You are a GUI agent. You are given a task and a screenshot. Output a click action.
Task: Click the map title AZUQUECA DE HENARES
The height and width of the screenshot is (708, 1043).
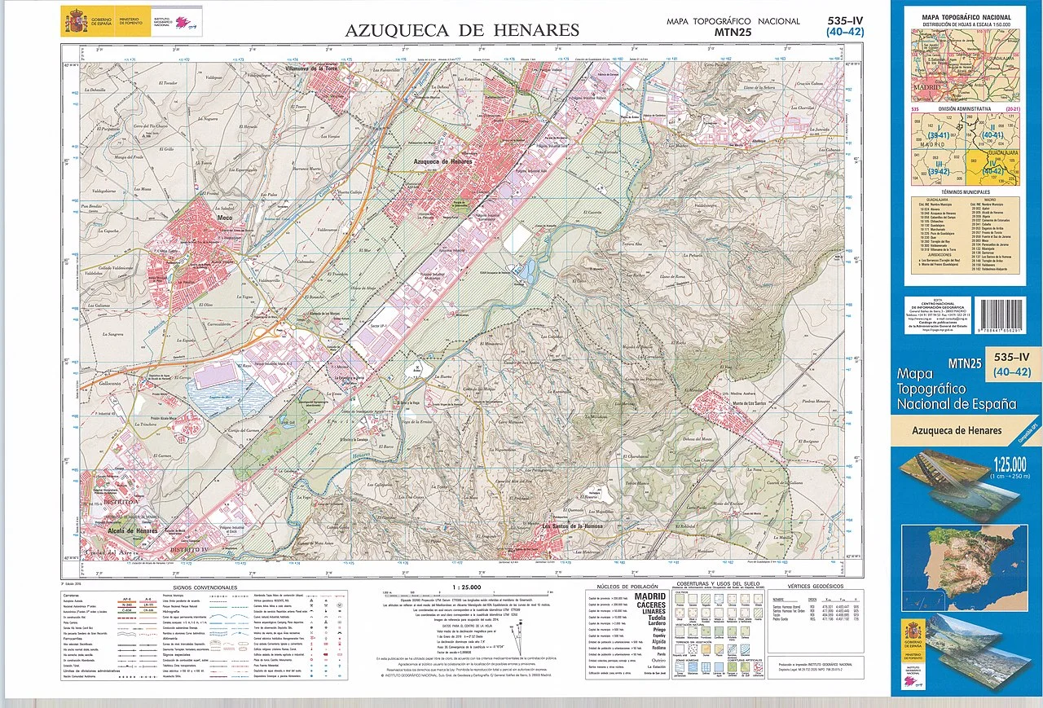462,30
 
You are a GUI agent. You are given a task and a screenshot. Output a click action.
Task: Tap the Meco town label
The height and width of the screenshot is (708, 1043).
225,218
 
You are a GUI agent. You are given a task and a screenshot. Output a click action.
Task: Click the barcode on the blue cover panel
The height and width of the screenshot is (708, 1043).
1005,314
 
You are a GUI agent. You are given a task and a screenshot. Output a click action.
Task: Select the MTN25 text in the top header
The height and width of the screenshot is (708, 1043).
734,33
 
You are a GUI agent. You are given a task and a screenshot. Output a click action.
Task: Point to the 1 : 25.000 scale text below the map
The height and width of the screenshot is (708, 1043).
466,587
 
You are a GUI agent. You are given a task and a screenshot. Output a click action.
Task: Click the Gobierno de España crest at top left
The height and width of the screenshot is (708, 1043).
75,18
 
